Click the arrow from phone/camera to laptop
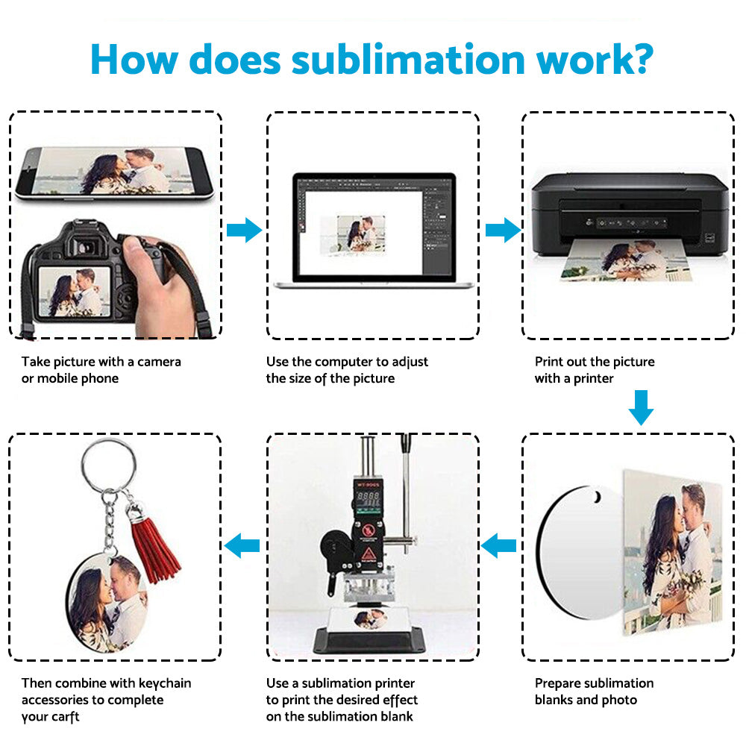pos(243,231)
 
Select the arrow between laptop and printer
pos(502,231)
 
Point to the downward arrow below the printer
pos(640,407)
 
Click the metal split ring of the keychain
pos(109,463)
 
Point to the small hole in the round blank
pos(595,496)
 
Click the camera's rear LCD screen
pos(73,291)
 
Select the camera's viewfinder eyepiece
pos(87,242)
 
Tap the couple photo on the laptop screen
pos(357,233)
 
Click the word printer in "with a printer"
pos(593,378)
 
